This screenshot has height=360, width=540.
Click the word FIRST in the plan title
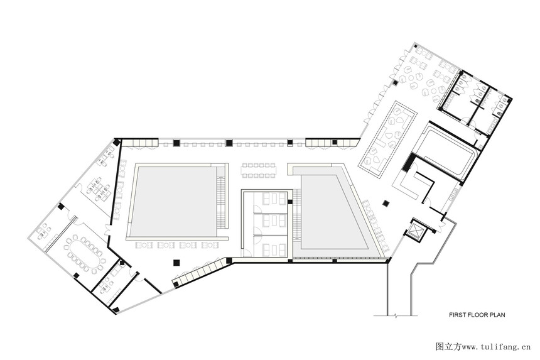pyautogui.click(x=456, y=315)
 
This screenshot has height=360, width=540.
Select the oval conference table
pyautogui.click(x=84, y=253)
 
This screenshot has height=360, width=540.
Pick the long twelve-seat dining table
pyautogui.click(x=259, y=170)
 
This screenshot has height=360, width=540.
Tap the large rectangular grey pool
pyautogui.click(x=175, y=201)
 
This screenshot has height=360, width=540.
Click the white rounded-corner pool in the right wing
pyautogui.click(x=446, y=152)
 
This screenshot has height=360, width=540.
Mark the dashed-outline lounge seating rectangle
pyautogui.click(x=387, y=139)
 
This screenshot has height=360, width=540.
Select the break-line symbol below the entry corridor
pyautogui.click(x=396, y=315)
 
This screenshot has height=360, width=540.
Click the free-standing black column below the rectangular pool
pyautogui.click(x=176, y=263)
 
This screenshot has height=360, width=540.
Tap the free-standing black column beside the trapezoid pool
pyautogui.click(x=386, y=204)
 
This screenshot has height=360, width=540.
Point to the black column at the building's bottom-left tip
pyautogui.click(x=116, y=309)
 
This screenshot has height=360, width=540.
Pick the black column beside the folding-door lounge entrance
pyautogui.click(x=396, y=83)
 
